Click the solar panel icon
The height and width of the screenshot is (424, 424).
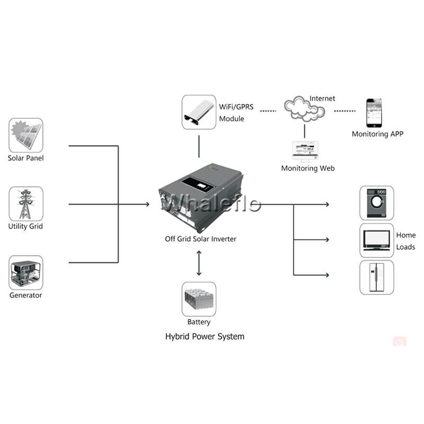click(x=26, y=135)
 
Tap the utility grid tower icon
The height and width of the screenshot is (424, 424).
click(x=26, y=204)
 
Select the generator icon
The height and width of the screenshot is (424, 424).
click(x=26, y=272)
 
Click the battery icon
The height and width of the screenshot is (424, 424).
click(x=199, y=299)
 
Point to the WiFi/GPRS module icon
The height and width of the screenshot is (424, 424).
click(x=199, y=112)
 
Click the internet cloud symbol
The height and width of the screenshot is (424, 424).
click(x=304, y=109)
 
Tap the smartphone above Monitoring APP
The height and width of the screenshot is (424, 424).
click(x=374, y=113)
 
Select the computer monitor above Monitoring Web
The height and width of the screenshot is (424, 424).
click(x=305, y=152)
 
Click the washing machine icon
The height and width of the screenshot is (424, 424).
click(x=377, y=203)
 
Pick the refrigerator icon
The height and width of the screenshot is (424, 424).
click(x=377, y=277)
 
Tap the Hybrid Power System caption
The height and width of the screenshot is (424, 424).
click(x=205, y=337)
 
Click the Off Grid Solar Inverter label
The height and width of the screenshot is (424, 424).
click(x=201, y=239)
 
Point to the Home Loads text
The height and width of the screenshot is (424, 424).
click(x=406, y=241)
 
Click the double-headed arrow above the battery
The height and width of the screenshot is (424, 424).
click(x=199, y=263)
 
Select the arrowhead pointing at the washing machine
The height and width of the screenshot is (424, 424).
click(x=327, y=205)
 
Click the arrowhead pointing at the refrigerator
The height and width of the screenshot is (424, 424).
click(x=327, y=275)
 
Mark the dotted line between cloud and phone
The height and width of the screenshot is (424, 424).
click(x=345, y=111)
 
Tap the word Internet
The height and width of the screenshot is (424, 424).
click(x=322, y=99)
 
